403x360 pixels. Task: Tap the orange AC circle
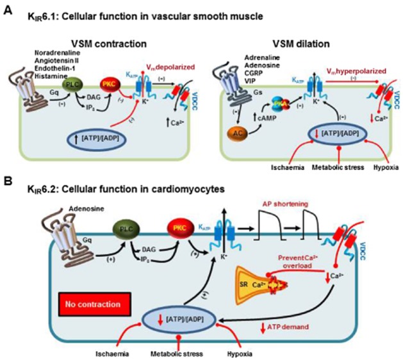(x=233, y=133)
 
